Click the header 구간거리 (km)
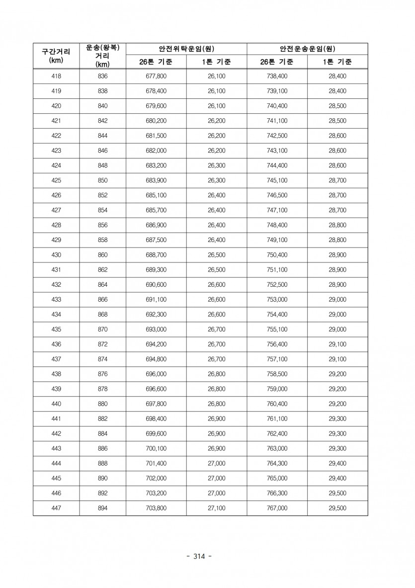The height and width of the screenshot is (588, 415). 56,56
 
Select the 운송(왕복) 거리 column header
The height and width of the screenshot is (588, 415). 102,56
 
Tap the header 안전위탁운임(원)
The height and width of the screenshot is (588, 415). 186,49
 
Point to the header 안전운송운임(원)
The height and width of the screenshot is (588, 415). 307,49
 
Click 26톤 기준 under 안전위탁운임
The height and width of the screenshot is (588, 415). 156,62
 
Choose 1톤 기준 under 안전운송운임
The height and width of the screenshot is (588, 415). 337,62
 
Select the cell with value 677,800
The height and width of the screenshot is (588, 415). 156,77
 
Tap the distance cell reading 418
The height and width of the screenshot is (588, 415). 56,77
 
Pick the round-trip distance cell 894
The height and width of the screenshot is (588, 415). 102,508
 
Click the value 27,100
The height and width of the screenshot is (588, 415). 216,508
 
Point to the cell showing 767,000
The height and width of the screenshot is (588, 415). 277,508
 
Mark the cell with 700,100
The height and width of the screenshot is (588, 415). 156,448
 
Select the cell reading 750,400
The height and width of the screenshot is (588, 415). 277,255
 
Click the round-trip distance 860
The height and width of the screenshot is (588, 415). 102,255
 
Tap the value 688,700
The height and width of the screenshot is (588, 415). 156,255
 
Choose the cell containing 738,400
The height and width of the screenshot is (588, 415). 277,77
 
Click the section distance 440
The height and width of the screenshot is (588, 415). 56,404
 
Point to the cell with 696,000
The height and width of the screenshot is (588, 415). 156,374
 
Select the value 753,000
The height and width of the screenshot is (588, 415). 277,300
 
